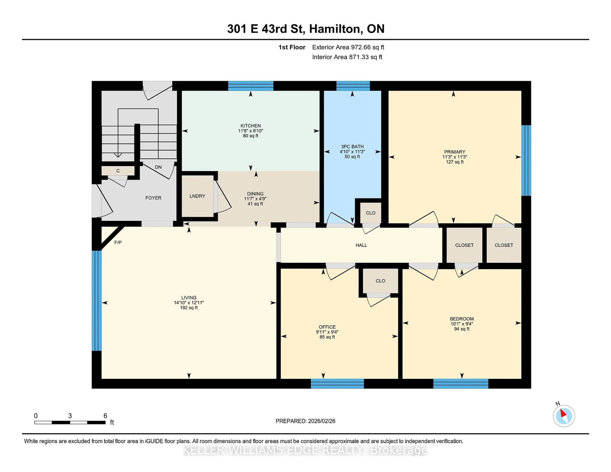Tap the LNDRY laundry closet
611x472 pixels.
click(197, 196)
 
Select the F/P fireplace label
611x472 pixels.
click(118, 242)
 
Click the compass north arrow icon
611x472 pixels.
click(564, 416)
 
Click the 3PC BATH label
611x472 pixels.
click(352, 146)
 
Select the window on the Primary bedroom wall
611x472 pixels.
click(526, 160)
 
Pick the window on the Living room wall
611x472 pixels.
click(97, 301)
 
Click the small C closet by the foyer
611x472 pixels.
click(118, 171)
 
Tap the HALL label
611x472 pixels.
click(361, 245)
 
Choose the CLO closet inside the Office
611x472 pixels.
click(380, 281)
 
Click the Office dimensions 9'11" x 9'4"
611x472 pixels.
click(327, 332)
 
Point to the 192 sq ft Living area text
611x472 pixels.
click(189, 308)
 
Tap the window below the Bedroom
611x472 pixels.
click(460, 384)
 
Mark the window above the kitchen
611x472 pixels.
click(250, 86)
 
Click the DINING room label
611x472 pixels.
click(255, 194)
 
